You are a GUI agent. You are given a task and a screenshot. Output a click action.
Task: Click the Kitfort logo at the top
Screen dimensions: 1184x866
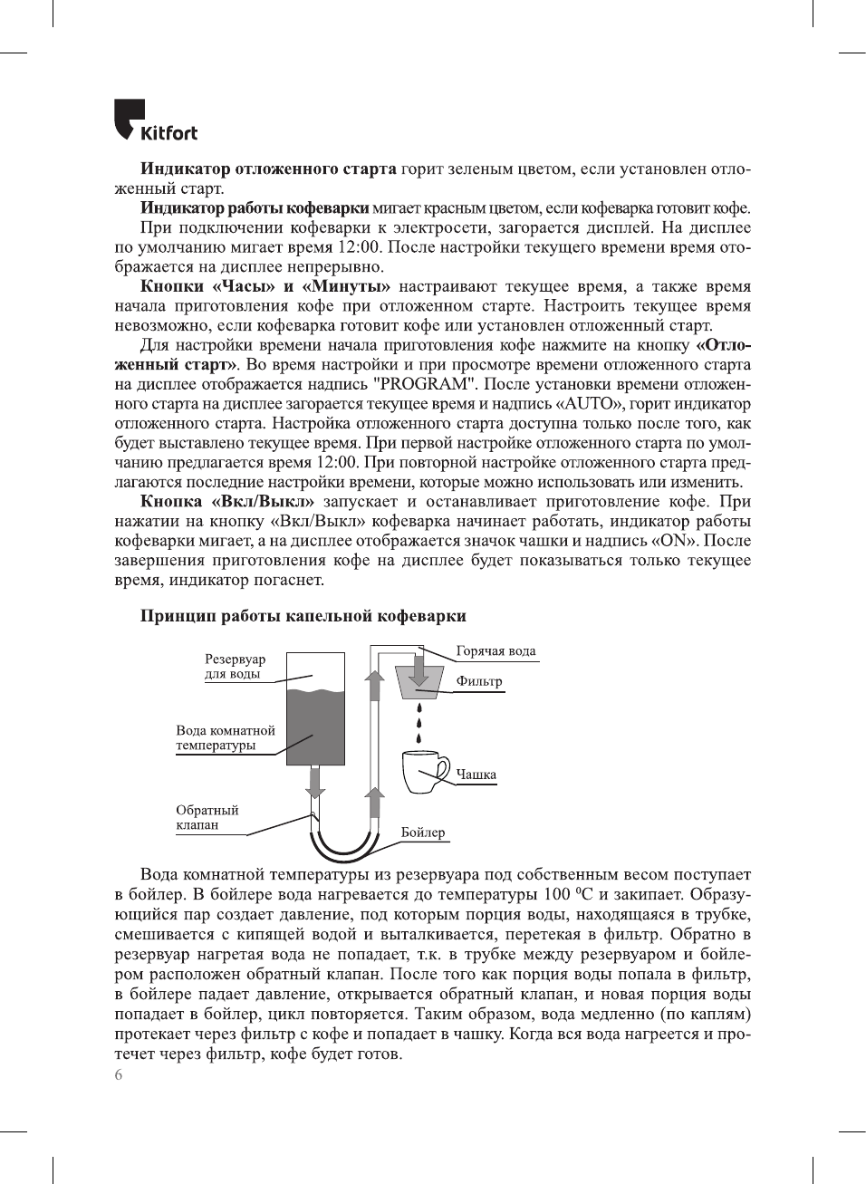155,121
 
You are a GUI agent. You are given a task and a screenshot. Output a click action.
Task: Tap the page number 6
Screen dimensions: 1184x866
119,1075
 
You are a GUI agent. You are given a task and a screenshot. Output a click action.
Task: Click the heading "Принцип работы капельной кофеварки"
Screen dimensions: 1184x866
303,616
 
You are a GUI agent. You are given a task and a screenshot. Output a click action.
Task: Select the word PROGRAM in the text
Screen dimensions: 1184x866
420,384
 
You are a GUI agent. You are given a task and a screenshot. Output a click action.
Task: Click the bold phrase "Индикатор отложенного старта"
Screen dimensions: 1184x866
268,169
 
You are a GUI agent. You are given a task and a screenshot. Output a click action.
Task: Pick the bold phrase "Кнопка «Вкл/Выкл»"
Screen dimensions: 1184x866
227,502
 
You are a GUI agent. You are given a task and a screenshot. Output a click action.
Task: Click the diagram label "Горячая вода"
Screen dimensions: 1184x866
496,651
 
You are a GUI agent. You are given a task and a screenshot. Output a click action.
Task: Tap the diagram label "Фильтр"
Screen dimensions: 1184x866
479,682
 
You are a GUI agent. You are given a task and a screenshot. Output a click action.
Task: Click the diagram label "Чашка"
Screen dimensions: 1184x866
476,775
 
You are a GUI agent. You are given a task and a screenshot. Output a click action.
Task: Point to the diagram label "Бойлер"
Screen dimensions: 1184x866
423,833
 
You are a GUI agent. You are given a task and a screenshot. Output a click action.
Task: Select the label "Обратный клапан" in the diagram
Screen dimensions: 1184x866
207,818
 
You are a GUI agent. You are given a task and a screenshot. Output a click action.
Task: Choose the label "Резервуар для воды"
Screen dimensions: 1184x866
235,667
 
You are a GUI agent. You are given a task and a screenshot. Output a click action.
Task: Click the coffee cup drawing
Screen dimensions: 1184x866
424,772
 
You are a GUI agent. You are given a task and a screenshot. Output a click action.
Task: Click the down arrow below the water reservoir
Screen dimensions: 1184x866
314,782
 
